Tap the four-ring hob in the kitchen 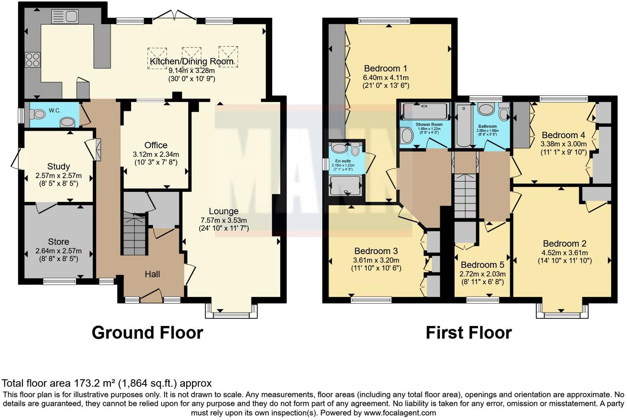coord(33,60)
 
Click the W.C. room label coord(54,110)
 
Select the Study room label coord(58,167)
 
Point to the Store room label coord(58,242)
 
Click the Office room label coord(156,145)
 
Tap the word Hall coord(152,274)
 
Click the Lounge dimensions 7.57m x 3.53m coord(224,220)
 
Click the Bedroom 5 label coord(482,265)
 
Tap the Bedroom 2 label coord(564,243)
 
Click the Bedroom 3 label coord(376,251)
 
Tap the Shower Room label coord(429,124)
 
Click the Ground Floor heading coord(147,333)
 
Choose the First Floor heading coord(469,333)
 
